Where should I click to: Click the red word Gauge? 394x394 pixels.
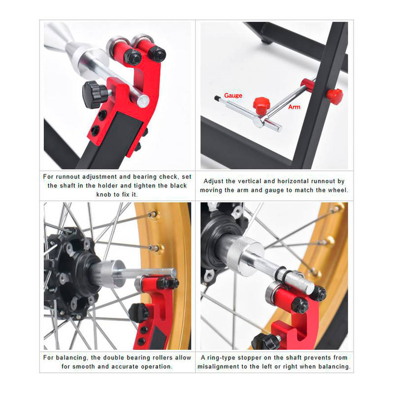[233, 96]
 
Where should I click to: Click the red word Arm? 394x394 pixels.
[294, 107]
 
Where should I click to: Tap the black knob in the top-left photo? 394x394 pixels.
[94, 94]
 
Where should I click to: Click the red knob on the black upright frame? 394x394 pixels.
[334, 96]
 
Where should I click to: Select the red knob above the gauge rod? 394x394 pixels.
[262, 105]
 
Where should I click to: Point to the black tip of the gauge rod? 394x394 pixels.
[217, 98]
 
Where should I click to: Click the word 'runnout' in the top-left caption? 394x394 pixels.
[68, 177]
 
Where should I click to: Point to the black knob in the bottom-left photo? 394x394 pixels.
[139, 313]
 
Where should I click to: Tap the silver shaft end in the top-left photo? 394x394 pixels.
[143, 101]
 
